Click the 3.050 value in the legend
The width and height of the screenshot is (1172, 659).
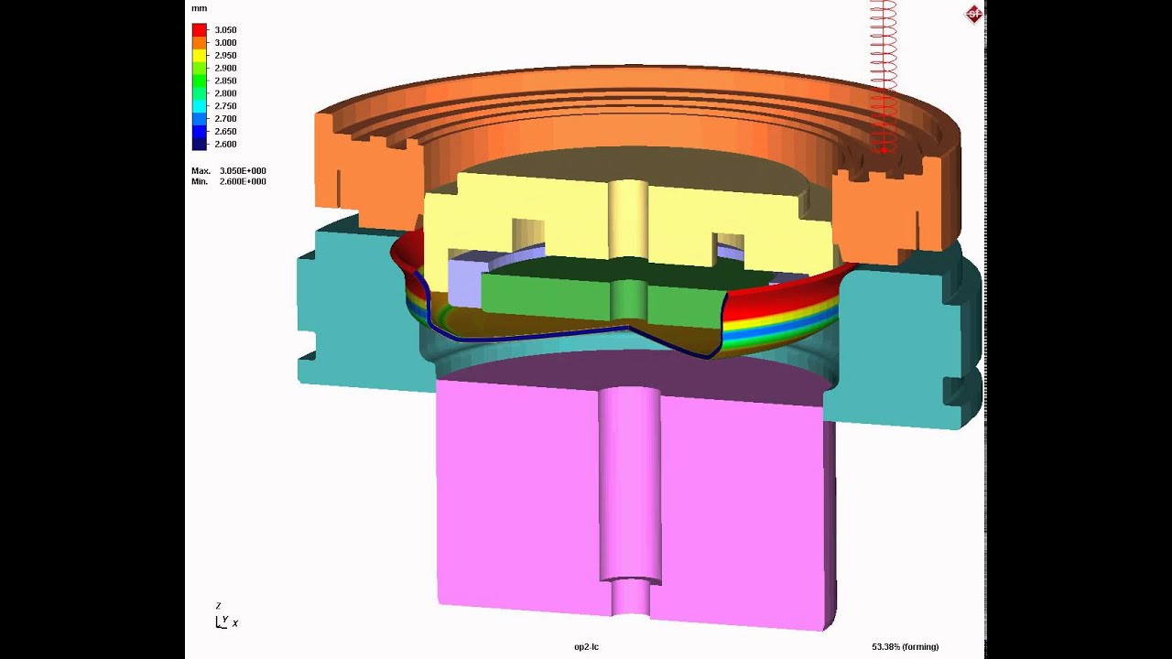[225, 30]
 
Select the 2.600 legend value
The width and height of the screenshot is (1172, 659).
[225, 144]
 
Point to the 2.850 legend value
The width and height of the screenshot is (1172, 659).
[225, 81]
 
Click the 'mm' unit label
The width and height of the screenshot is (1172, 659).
[199, 8]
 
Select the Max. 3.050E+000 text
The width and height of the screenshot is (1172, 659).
[229, 171]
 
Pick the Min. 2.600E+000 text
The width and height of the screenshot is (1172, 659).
[229, 181]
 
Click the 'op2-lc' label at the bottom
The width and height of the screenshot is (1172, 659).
[586, 647]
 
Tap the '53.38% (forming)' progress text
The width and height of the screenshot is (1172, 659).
[905, 647]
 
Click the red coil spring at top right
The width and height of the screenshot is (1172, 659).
[883, 73]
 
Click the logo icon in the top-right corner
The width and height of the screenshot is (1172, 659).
[973, 13]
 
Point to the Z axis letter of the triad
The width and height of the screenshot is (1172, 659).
[218, 606]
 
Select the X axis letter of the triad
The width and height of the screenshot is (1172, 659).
[235, 623]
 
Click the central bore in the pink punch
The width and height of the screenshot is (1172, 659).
[628, 485]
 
